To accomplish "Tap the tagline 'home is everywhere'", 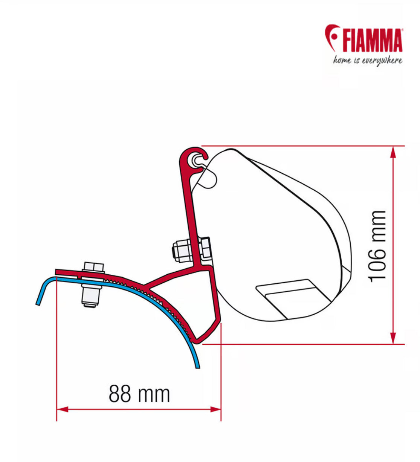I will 367,60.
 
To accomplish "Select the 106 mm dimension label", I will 377,246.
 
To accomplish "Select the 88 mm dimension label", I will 139,394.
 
